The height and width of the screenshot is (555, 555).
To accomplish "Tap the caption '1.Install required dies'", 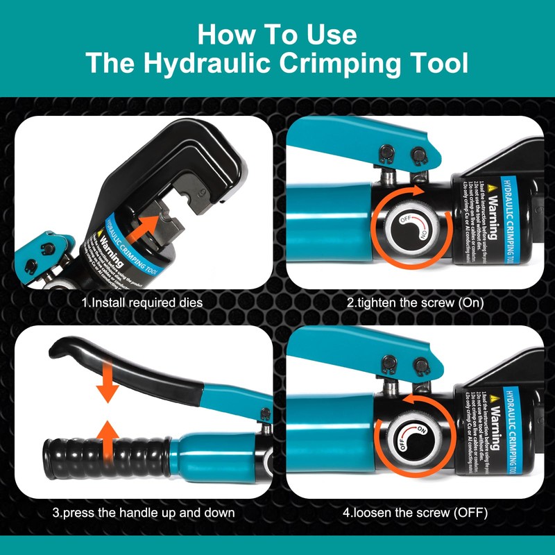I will coord(143,303).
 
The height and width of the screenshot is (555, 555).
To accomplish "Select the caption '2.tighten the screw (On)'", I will coord(415,303).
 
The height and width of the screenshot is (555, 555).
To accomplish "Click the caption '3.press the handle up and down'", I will coord(143,513).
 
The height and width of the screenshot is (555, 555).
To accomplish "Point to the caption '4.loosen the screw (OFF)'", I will coord(415,513).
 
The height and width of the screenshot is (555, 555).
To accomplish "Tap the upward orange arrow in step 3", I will coord(106,441).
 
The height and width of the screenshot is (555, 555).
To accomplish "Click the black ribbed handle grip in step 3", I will coord(104,458).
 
